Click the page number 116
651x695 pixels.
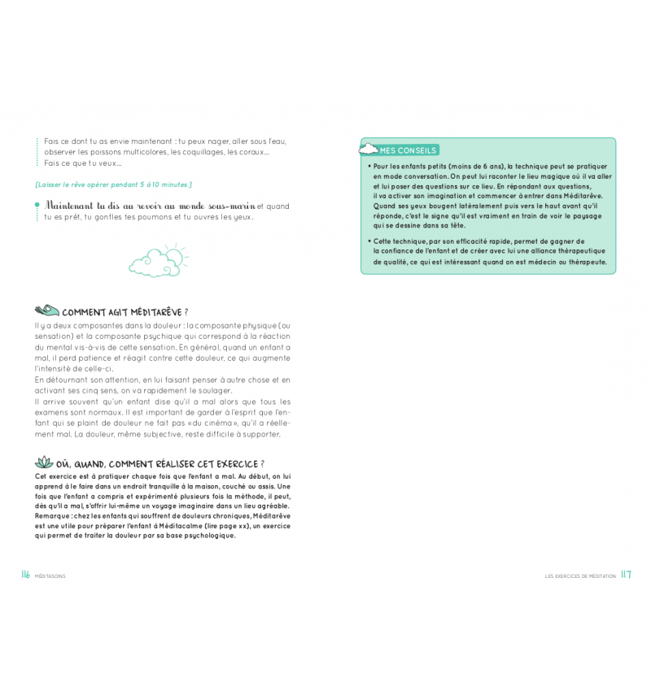[x=26, y=575]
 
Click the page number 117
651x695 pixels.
[x=626, y=575]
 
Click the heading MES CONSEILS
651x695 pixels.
[x=409, y=150]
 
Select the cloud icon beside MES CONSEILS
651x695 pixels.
[x=370, y=150]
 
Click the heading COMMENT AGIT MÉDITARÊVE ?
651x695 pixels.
[x=125, y=312]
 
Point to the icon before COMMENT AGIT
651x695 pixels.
[x=47, y=311]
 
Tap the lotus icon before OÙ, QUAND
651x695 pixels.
[x=45, y=463]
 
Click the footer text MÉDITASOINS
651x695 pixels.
[x=50, y=576]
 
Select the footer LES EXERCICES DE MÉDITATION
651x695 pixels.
[x=580, y=576]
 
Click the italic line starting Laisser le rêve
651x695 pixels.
[x=113, y=185]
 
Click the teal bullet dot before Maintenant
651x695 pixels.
[x=37, y=206]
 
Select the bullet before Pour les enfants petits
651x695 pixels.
[x=368, y=167]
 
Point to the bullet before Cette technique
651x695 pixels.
[x=368, y=242]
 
